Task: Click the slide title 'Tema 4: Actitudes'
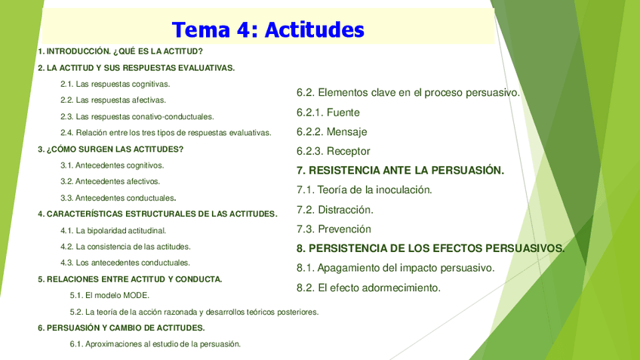click(268, 29)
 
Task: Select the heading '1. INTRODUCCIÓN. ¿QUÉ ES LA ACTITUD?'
click(121, 51)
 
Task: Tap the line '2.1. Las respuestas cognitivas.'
click(115, 84)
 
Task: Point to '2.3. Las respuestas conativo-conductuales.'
click(137, 117)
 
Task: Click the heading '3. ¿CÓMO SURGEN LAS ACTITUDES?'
click(111, 149)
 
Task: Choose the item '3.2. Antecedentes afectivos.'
click(110, 182)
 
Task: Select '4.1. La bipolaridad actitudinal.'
click(113, 231)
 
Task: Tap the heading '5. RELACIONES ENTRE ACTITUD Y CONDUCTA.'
click(131, 279)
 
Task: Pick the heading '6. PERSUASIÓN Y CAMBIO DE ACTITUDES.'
click(122, 328)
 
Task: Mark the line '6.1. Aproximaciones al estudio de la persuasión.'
click(155, 344)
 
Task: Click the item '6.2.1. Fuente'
click(328, 112)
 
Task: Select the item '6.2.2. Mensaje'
click(332, 132)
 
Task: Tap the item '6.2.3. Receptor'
click(334, 152)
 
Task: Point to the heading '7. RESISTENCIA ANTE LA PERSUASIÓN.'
click(401, 171)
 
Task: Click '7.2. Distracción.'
click(335, 210)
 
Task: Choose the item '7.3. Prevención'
click(334, 229)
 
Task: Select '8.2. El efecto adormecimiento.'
click(368, 288)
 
